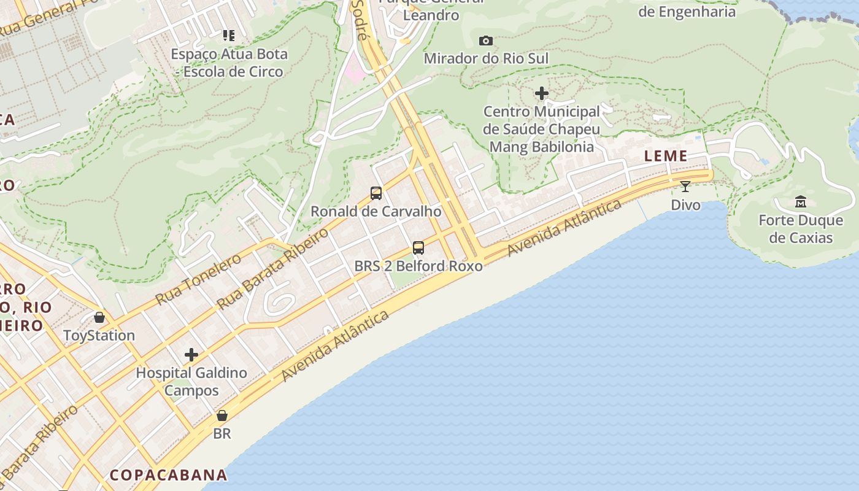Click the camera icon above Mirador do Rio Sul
486,41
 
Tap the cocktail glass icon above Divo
685,187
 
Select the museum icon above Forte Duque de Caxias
801,202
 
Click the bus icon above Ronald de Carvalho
376,193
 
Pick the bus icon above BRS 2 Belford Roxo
418,248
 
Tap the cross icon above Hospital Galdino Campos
191,355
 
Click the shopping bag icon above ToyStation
99,317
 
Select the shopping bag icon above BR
222,416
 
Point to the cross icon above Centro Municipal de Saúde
542,93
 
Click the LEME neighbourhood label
666,156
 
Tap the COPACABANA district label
169,475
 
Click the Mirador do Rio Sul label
486,58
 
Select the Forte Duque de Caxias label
801,229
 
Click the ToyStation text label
99,336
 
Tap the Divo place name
685,205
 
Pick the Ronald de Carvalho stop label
376,212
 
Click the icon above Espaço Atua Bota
229,36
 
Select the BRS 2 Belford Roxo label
418,266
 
